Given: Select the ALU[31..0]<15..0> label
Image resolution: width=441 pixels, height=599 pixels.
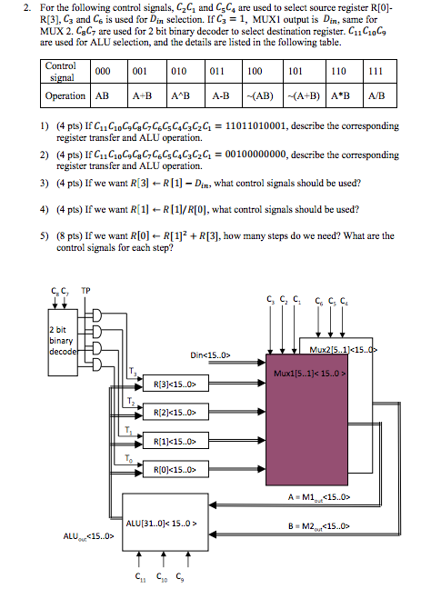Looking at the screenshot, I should click(168, 523).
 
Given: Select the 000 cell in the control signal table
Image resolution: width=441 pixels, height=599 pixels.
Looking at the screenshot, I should click(103, 71).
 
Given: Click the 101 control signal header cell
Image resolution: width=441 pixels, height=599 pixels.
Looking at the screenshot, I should click(295, 71).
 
